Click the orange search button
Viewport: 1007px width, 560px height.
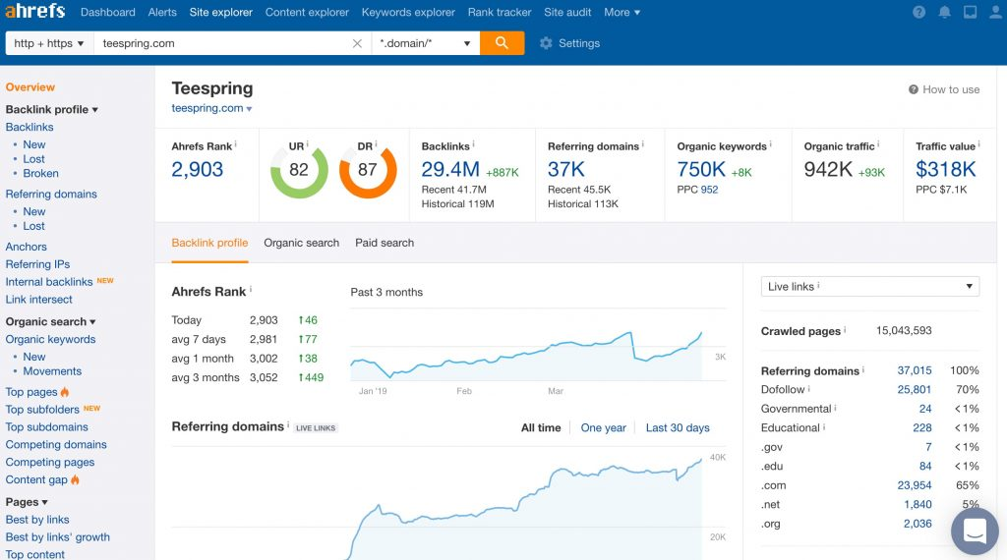pyautogui.click(x=502, y=43)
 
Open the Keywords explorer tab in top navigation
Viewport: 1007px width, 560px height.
pyautogui.click(x=408, y=13)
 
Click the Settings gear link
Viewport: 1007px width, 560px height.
pyautogui.click(x=569, y=43)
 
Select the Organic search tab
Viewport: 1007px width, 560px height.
pyautogui.click(x=301, y=243)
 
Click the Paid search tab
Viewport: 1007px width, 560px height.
pyautogui.click(x=385, y=243)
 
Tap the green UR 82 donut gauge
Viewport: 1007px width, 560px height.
pyautogui.click(x=299, y=170)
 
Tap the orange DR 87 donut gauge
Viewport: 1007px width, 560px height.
pyautogui.click(x=367, y=170)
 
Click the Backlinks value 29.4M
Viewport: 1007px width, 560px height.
pyautogui.click(x=450, y=170)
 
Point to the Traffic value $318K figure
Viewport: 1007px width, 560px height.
pyautogui.click(x=945, y=170)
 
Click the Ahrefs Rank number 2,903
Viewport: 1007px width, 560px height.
pyautogui.click(x=198, y=170)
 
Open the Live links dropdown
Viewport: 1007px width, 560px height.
pyautogui.click(x=870, y=287)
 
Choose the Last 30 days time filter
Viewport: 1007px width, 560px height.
pyautogui.click(x=678, y=427)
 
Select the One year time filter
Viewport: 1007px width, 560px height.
pyautogui.click(x=603, y=427)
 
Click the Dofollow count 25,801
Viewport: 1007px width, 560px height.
pyautogui.click(x=914, y=390)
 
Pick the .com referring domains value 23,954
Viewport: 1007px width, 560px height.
pyautogui.click(x=914, y=485)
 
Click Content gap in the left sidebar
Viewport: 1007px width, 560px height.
pyautogui.click(x=36, y=479)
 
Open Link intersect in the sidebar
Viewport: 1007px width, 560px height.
pyautogui.click(x=39, y=300)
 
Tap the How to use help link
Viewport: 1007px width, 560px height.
pyautogui.click(x=944, y=89)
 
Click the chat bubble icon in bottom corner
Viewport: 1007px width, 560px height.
pyautogui.click(x=975, y=532)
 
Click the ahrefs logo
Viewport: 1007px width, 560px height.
pyautogui.click(x=35, y=13)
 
